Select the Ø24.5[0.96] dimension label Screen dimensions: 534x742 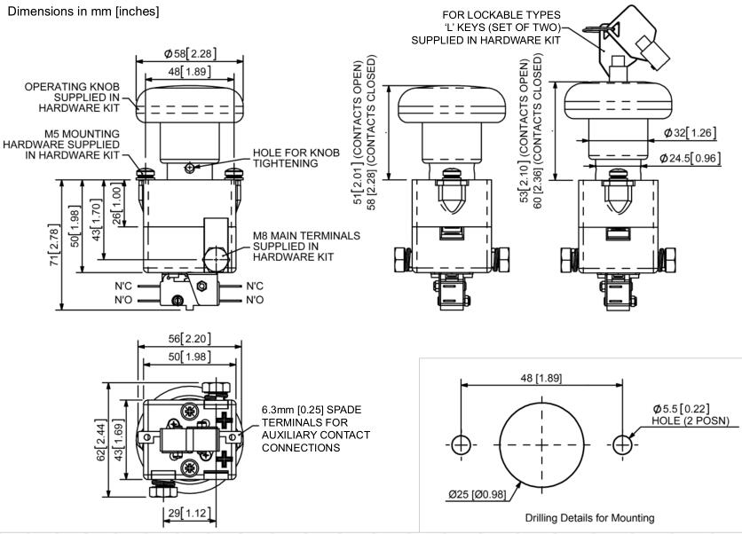689,159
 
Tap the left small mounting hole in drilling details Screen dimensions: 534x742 460,445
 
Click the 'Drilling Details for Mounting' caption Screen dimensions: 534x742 576,517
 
